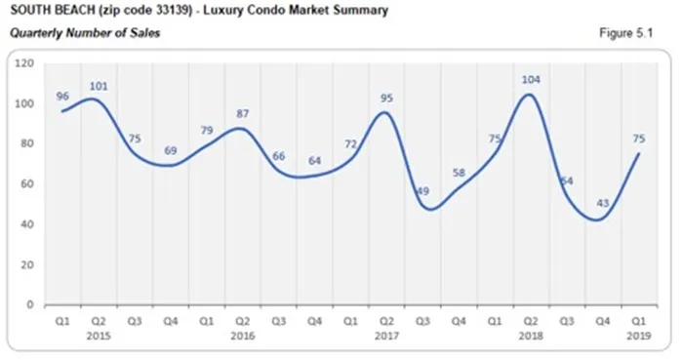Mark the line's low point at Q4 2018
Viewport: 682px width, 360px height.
pos(602,220)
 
